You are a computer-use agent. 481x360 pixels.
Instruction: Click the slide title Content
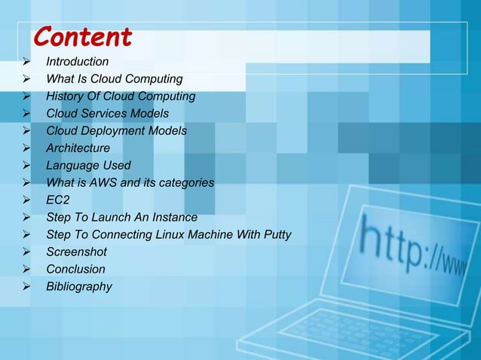pyautogui.click(x=83, y=36)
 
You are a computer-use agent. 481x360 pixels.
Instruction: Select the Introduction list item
pyautogui.click(x=77, y=62)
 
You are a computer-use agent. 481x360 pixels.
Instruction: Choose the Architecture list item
pyautogui.click(x=78, y=148)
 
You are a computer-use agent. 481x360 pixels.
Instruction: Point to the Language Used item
pyautogui.click(x=88, y=166)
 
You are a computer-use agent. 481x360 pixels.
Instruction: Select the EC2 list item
pyautogui.click(x=58, y=200)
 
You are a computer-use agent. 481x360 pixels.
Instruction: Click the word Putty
pyautogui.click(x=275, y=235)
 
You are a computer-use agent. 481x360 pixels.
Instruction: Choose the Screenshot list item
pyautogui.click(x=76, y=252)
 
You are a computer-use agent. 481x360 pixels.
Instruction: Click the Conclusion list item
pyautogui.click(x=75, y=270)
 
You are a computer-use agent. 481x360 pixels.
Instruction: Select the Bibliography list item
pyautogui.click(x=79, y=287)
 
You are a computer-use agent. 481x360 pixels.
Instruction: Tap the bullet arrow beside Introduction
pyautogui.click(x=26, y=62)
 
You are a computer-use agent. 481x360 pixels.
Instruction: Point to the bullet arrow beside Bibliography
pyautogui.click(x=26, y=287)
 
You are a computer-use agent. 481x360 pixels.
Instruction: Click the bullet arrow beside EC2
pyautogui.click(x=26, y=200)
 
